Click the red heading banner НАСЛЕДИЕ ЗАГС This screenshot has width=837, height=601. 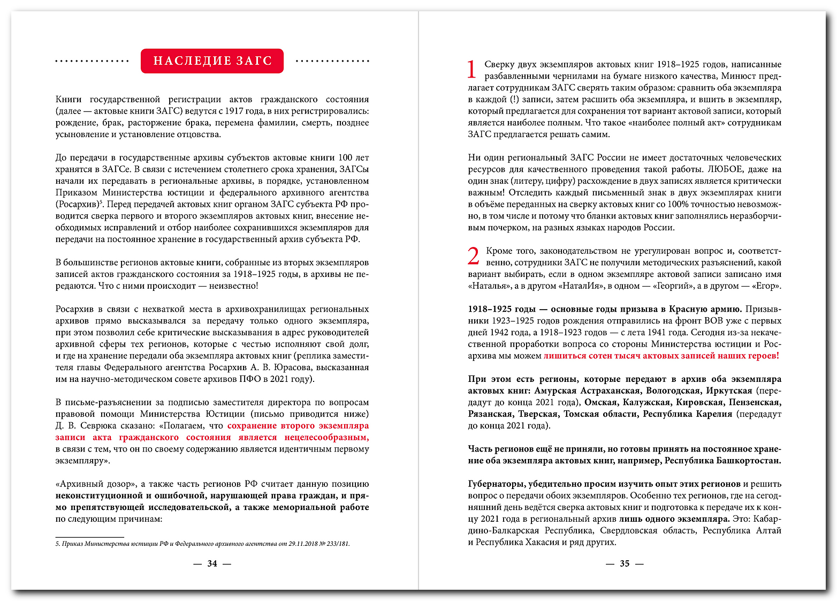click(x=212, y=61)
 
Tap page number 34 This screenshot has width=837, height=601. click(x=212, y=564)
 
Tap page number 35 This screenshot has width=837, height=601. click(x=625, y=564)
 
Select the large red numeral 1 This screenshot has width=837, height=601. click(x=471, y=70)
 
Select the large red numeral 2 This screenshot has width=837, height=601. click(x=473, y=256)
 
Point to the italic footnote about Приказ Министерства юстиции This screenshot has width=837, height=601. click(x=202, y=544)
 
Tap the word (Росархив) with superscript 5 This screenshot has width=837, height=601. click(x=78, y=205)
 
